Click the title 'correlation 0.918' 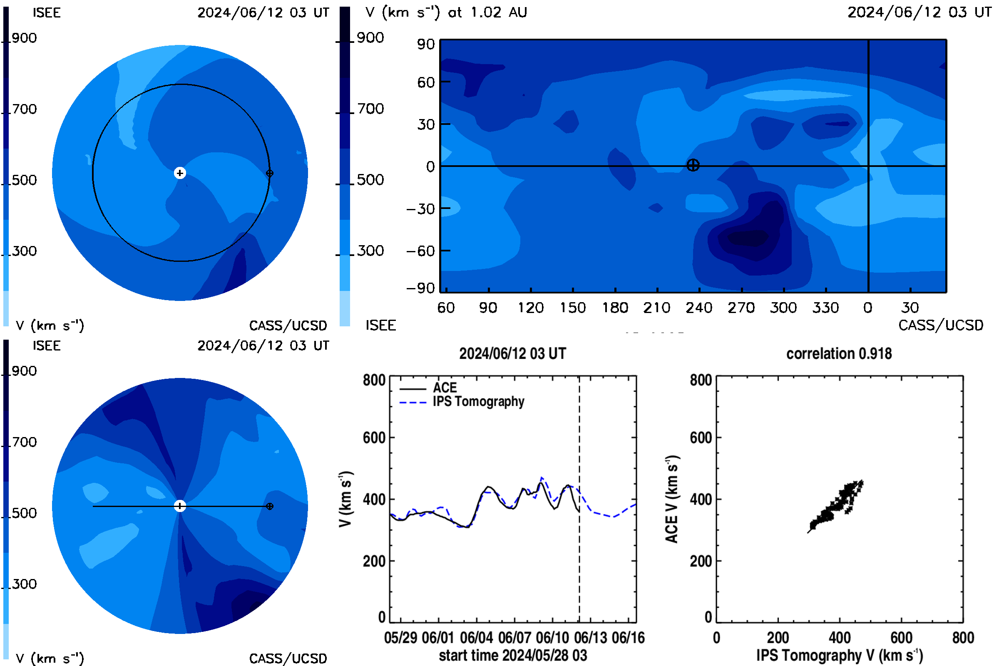tap(838, 353)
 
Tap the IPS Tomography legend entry tap(462, 401)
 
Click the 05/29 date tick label tap(400, 638)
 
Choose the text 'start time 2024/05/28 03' tap(513, 655)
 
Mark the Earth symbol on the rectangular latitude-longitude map tap(693, 165)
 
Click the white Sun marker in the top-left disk tap(180, 173)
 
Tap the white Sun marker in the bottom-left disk tap(180, 506)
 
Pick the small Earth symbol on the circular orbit tap(269, 173)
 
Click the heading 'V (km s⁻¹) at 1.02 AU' tap(446, 12)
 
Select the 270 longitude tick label tap(741, 308)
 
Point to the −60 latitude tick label tap(420, 251)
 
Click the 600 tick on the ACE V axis tap(701, 437)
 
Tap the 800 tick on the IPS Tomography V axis tap(963, 638)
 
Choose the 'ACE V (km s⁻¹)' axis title tap(672, 499)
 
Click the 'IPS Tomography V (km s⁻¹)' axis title tap(839, 655)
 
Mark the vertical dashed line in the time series tap(579, 499)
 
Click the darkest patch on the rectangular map tap(750, 238)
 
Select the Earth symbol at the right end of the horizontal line tap(269, 506)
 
